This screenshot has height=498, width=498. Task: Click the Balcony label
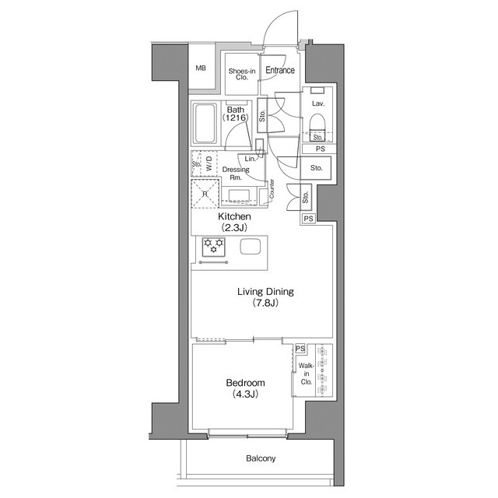tap(261, 458)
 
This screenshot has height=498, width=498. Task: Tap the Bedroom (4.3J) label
tap(245, 388)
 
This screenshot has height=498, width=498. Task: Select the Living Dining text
tap(265, 292)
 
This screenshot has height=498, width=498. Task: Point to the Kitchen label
tap(234, 216)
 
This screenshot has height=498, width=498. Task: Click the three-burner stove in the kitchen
tap(214, 247)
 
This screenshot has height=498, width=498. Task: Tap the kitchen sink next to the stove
tap(251, 247)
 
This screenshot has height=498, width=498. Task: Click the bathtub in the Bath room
tap(205, 123)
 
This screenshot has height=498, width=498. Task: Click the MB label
tap(201, 68)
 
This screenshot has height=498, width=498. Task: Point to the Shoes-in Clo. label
tap(242, 75)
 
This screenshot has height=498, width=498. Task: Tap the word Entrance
tap(280, 70)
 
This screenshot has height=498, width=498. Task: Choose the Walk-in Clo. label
tap(306, 373)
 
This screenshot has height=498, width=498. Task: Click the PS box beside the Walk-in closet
tap(300, 349)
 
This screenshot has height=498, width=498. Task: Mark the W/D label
tap(209, 163)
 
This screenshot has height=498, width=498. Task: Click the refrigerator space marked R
tap(205, 194)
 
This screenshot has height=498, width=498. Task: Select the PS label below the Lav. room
tap(321, 149)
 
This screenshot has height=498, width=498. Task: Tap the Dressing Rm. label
tap(236, 174)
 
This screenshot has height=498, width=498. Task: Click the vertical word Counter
tap(272, 189)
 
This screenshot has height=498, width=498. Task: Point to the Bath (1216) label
tap(235, 114)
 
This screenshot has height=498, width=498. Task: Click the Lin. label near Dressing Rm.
tap(251, 159)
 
